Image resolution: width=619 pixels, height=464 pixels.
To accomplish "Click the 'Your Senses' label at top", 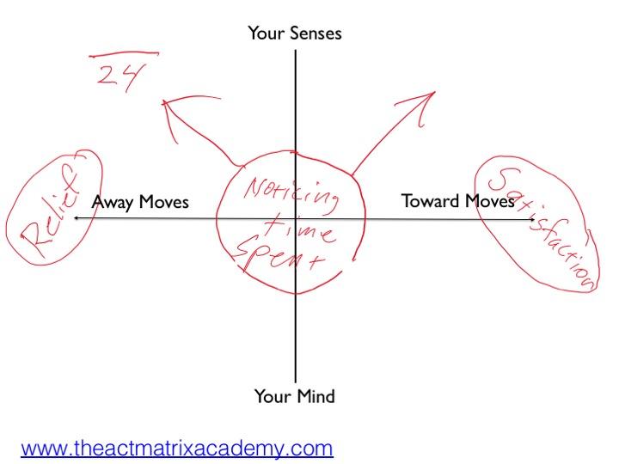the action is [x=295, y=34].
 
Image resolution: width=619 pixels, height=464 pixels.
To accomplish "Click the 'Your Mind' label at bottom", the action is [x=294, y=396].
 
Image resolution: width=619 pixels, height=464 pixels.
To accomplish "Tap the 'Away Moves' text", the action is [x=139, y=202].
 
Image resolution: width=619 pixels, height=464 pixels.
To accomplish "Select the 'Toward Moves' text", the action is [x=457, y=201].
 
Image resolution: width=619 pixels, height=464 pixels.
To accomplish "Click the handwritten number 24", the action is [x=116, y=76].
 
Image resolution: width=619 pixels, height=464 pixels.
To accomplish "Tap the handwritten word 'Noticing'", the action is [x=292, y=192].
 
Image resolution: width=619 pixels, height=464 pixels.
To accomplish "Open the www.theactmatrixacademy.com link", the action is [x=177, y=448].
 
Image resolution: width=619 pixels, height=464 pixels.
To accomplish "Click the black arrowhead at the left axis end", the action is [x=76, y=219].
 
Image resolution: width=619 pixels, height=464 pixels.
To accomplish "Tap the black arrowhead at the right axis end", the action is [x=534, y=219].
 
